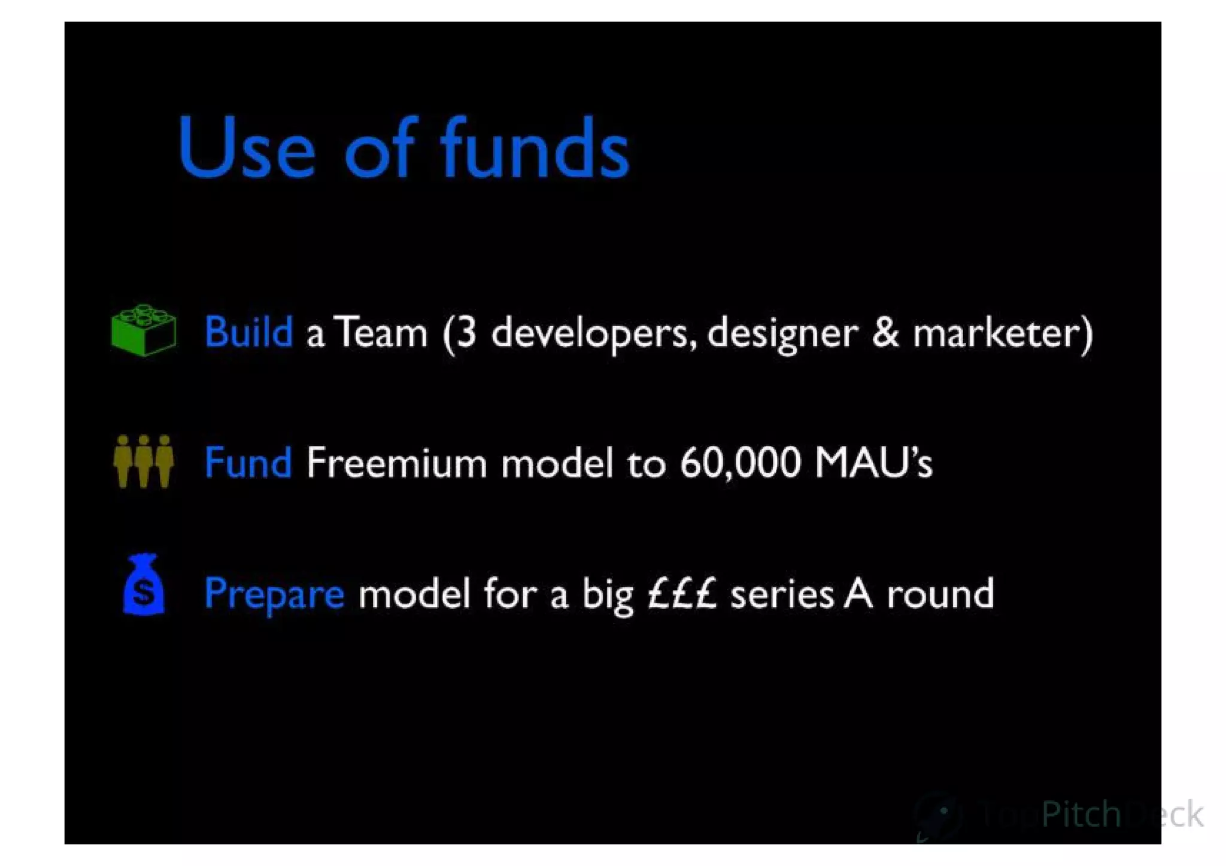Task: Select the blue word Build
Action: point(248,332)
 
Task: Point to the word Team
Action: point(381,333)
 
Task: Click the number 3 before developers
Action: point(467,333)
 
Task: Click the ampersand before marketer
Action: point(885,333)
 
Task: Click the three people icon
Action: point(144,461)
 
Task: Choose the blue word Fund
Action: point(248,463)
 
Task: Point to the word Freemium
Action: point(396,463)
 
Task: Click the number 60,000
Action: point(741,463)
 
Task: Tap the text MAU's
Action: point(873,463)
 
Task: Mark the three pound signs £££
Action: point(682,593)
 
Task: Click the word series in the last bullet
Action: point(782,594)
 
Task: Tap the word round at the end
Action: point(940,594)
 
